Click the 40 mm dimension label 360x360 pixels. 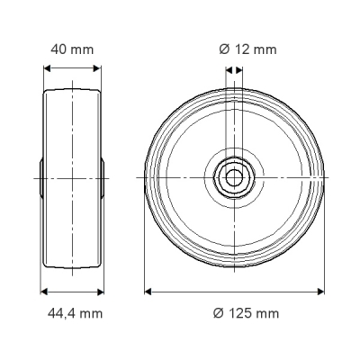coord(72,49)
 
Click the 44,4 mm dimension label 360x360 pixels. coord(75,313)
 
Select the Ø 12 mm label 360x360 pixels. coord(247,49)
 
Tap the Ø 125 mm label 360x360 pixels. coord(246,313)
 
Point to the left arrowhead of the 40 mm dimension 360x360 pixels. coord(48,68)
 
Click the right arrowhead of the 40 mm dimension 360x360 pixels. coord(97,68)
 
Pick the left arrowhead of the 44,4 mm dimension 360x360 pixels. coord(44,292)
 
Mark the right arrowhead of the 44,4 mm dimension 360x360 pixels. coord(100,292)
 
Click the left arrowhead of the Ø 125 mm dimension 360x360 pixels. coord(148,292)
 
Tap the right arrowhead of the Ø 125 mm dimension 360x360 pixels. coord(320,292)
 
